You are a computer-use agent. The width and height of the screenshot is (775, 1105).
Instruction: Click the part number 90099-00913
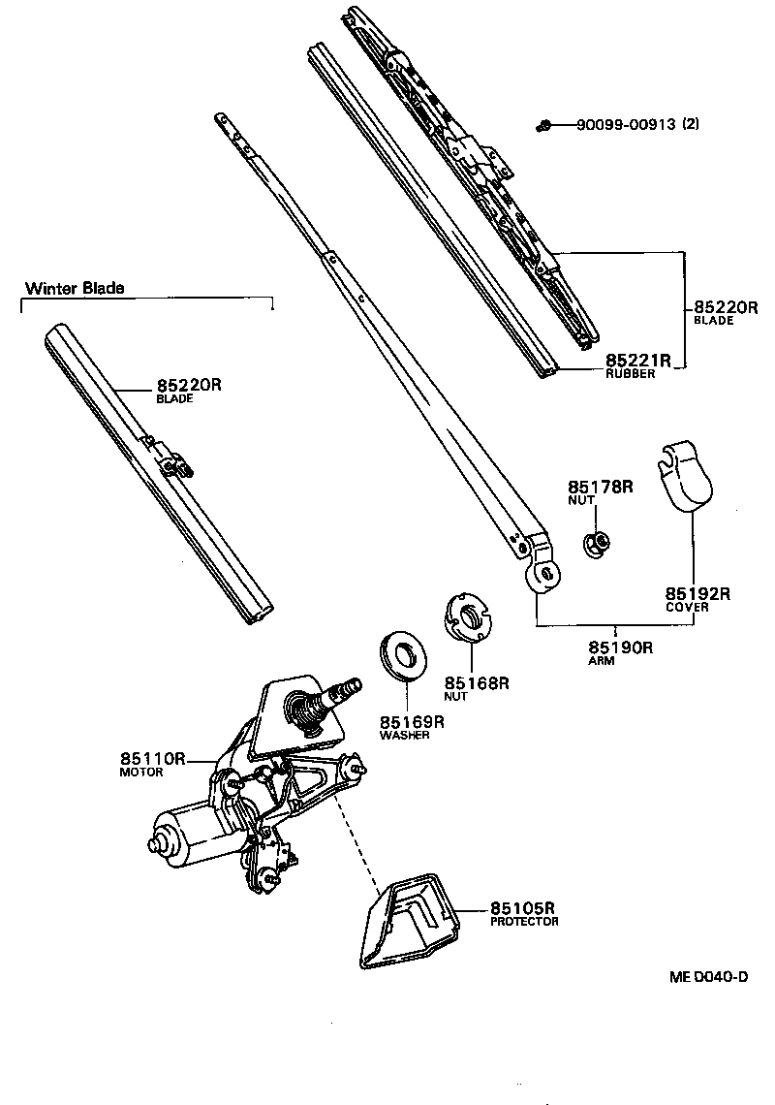click(x=626, y=124)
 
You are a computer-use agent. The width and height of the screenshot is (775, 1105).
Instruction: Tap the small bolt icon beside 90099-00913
click(x=546, y=124)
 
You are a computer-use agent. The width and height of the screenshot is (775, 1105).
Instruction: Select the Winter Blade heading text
click(x=75, y=288)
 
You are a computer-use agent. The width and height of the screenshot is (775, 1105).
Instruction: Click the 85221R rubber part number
click(x=638, y=361)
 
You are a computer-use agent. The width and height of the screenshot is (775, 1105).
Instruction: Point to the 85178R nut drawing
click(x=595, y=545)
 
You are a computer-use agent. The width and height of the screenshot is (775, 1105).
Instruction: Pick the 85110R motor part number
click(x=152, y=759)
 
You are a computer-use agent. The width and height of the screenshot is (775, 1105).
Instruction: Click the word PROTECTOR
click(x=524, y=922)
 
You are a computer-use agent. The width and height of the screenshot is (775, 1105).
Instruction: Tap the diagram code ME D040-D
click(x=708, y=976)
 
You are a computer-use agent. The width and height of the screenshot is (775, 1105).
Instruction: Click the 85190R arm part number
click(x=620, y=647)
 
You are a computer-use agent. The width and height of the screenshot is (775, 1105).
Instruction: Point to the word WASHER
click(x=404, y=735)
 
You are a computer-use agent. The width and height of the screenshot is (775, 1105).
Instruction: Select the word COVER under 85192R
click(x=686, y=608)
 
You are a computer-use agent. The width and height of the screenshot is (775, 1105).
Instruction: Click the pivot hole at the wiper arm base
click(x=543, y=574)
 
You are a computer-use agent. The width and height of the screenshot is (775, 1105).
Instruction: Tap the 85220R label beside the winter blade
click(x=189, y=385)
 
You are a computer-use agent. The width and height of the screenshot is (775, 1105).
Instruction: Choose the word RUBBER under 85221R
click(x=631, y=374)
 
